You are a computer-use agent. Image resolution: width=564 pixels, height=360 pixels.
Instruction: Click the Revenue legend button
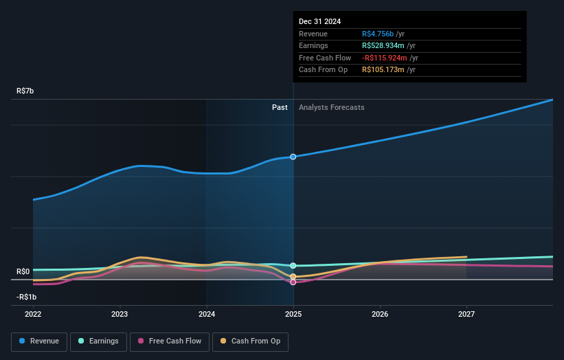point(39,341)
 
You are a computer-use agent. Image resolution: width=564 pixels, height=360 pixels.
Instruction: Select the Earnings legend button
point(98,341)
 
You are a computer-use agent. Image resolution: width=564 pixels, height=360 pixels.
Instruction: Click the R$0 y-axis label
point(23,272)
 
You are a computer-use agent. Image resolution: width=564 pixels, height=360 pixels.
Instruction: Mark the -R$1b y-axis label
point(26,297)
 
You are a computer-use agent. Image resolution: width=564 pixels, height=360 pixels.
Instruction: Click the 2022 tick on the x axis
point(33,314)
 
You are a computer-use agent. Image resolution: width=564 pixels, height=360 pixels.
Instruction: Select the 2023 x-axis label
point(120,314)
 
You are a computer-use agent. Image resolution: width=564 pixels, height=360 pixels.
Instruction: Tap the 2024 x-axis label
point(207,314)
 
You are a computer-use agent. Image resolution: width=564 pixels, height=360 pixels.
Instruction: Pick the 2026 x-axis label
point(380,314)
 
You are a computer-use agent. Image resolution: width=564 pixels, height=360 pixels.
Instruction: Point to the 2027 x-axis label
point(466,314)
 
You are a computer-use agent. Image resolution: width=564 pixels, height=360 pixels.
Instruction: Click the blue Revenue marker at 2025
point(293,157)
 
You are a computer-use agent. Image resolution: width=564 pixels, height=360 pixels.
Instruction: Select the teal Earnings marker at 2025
point(293,265)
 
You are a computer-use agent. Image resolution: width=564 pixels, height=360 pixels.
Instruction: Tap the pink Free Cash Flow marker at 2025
point(293,282)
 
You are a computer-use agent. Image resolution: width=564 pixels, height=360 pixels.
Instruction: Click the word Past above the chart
point(280,107)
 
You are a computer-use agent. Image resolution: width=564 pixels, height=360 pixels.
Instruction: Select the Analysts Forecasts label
point(331,107)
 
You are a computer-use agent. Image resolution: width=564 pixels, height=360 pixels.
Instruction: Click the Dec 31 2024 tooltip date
point(319,22)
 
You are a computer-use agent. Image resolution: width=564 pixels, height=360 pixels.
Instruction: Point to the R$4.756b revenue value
point(378,34)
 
